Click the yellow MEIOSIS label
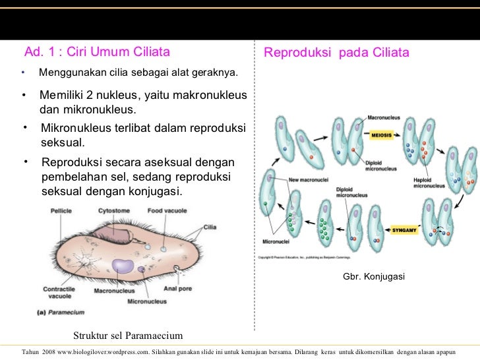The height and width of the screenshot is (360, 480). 380,135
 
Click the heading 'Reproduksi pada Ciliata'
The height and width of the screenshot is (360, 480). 336,53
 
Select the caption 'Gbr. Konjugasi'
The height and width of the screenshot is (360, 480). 373,277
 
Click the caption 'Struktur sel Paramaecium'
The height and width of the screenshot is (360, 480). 127,334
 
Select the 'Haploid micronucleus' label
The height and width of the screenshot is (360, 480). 429,183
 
